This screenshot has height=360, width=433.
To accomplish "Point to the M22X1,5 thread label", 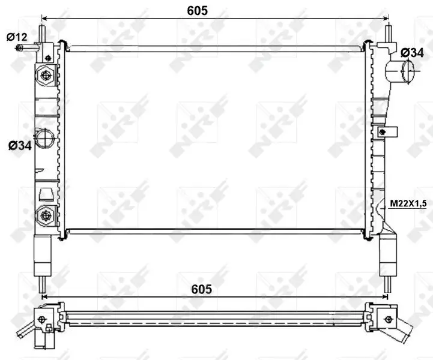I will point(408,204).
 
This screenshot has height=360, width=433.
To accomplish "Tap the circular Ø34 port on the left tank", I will point(45,139).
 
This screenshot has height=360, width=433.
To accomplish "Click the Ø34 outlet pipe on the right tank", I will point(401,73).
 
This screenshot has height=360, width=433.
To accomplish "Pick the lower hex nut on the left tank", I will point(46,214).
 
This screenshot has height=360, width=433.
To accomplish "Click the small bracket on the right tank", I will point(384,131).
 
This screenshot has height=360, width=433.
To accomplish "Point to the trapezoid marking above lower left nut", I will point(46,193).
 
